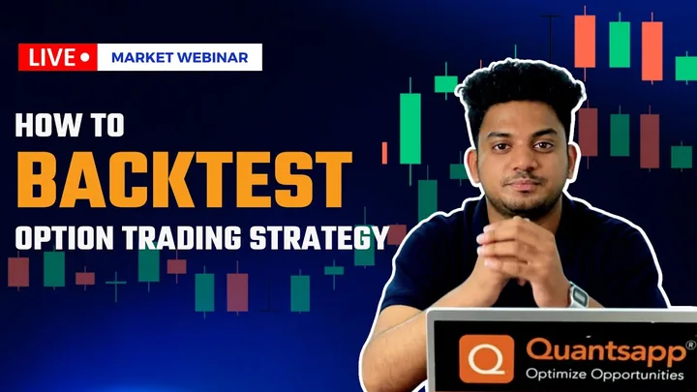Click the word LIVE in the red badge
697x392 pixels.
click(52, 57)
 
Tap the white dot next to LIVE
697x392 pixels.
click(85, 57)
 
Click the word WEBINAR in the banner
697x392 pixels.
click(213, 58)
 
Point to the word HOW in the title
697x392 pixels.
click(43, 125)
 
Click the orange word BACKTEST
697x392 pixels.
click(184, 180)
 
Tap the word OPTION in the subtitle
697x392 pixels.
click(65, 238)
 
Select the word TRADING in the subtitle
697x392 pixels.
click(182, 238)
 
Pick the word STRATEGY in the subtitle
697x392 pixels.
click(319, 238)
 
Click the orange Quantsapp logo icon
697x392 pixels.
click(486, 359)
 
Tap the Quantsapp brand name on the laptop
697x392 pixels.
click(606, 351)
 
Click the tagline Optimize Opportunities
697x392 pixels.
click(604, 374)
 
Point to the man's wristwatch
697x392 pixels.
click(578, 295)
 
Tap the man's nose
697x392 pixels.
click(523, 161)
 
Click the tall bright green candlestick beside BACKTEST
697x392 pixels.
click(409, 129)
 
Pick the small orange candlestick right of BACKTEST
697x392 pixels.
click(384, 153)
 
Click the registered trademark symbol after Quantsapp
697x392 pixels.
click(691, 345)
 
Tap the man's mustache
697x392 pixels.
click(525, 179)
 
